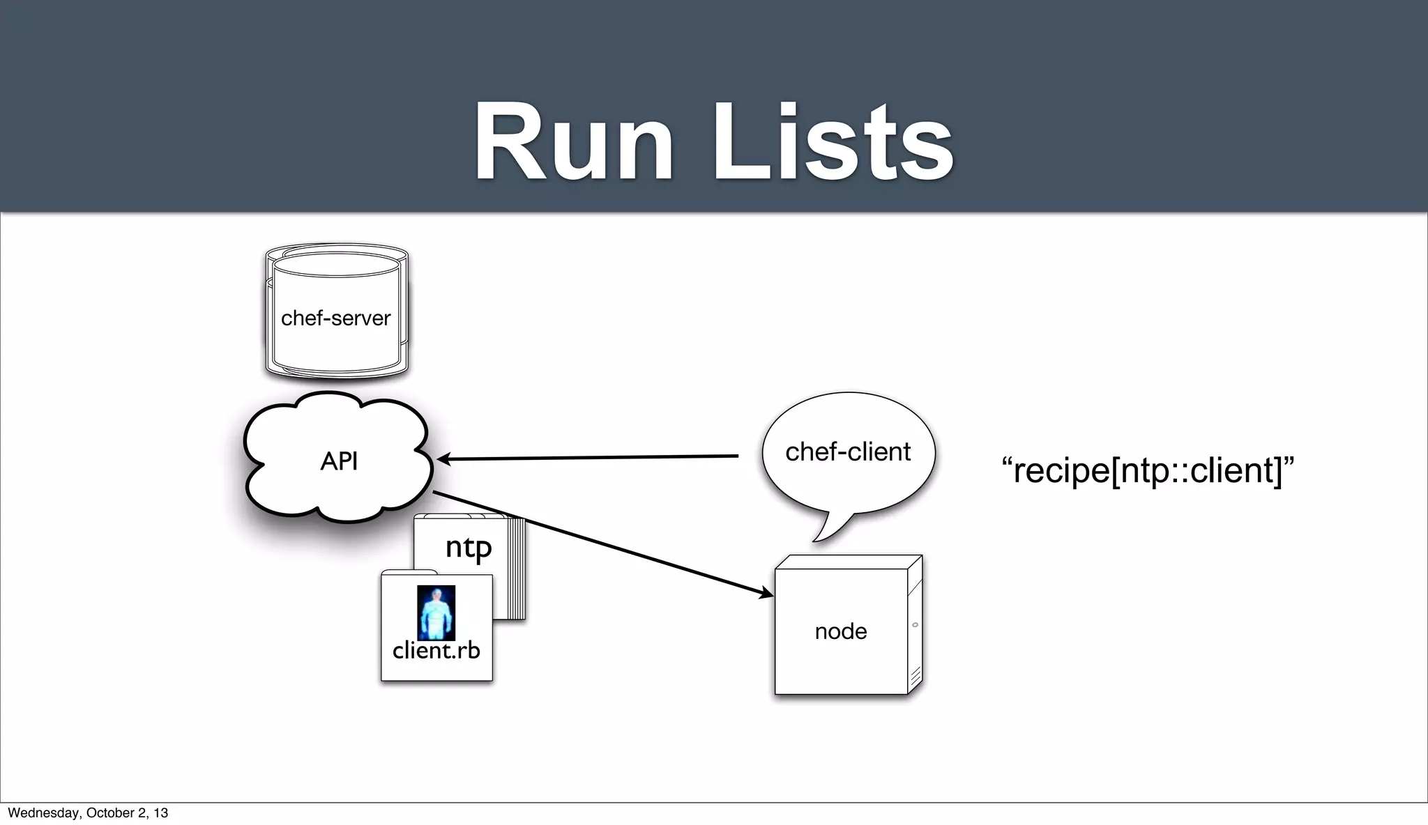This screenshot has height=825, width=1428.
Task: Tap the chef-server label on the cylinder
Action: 335,318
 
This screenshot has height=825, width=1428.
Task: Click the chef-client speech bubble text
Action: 847,452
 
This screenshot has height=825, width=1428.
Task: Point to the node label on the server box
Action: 840,631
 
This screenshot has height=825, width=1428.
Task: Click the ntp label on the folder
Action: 469,547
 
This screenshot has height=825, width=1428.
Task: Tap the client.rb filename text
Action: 436,651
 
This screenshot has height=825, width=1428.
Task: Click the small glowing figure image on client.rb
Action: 436,612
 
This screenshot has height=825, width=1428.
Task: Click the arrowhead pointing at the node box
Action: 766,594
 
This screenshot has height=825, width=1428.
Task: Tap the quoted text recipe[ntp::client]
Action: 1147,470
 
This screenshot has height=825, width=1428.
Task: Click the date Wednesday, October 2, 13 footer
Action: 88,812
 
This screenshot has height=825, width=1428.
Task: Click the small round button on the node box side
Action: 915,625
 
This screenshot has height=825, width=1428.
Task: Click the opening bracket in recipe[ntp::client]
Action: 1116,471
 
